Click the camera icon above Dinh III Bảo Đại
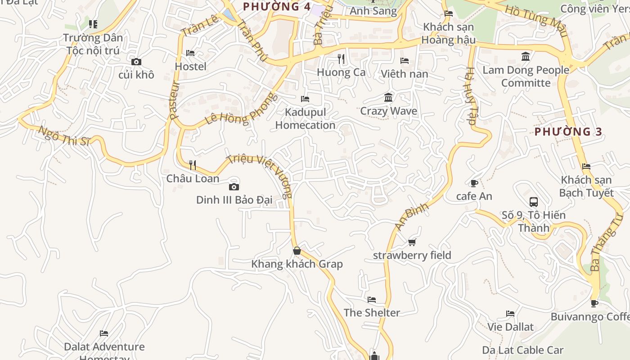point(234,187)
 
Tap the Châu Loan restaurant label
point(193,179)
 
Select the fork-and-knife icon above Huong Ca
point(341,58)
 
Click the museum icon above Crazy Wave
point(388,97)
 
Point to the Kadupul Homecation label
point(306,118)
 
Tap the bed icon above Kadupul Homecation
point(305,99)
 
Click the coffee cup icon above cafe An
point(474,183)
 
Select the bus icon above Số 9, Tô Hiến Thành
point(534,202)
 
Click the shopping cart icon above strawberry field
point(412,242)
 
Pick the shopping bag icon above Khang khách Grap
point(297,251)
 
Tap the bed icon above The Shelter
point(372,299)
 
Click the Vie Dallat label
point(510,327)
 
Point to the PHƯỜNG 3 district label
point(568,132)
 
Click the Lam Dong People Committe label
point(526,76)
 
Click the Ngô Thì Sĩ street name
point(64,136)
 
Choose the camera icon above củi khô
point(136,62)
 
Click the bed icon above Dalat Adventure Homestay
point(104,333)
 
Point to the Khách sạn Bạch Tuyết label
point(586,186)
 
